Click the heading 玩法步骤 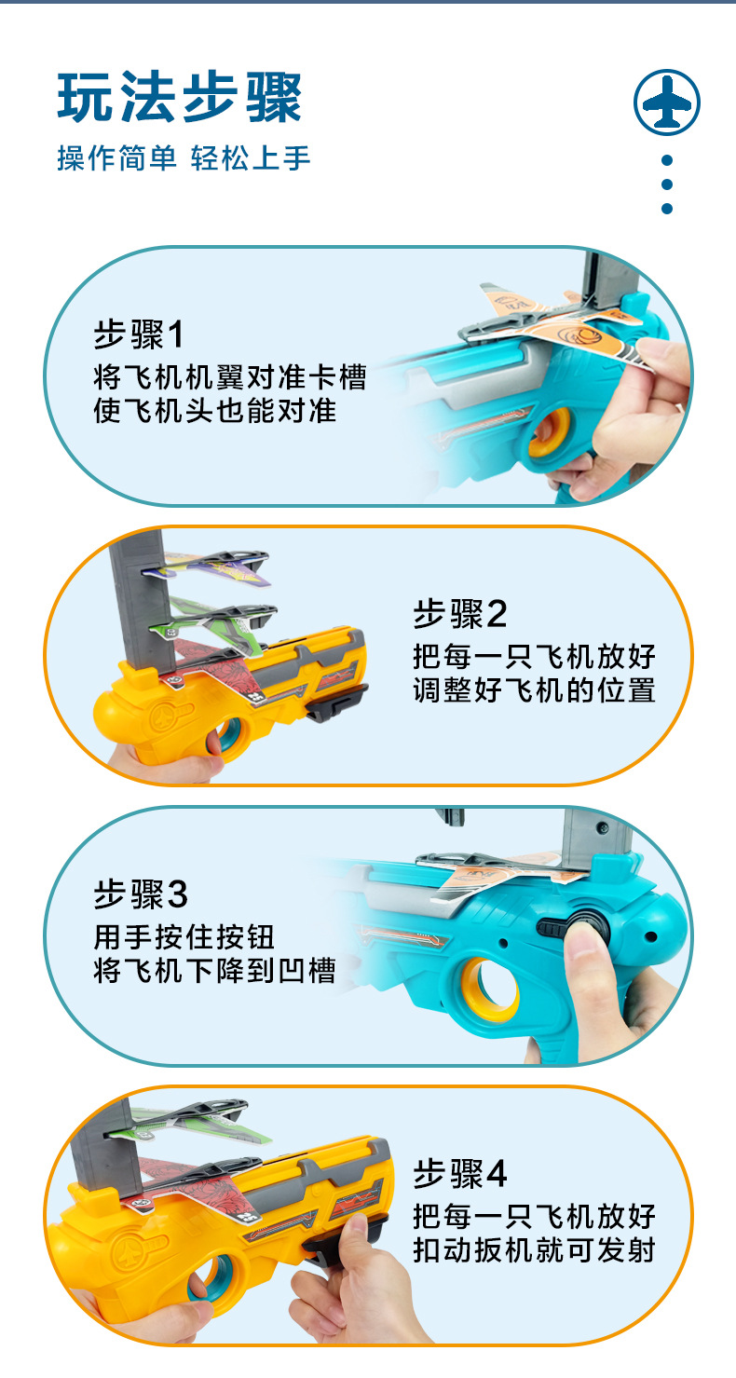pyautogui.click(x=180, y=97)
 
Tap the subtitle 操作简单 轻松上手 pyautogui.click(x=184, y=158)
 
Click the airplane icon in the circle pyautogui.click(x=666, y=101)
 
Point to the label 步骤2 pyautogui.click(x=460, y=614)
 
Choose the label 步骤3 pyautogui.click(x=141, y=894)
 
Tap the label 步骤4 pyautogui.click(x=460, y=1174)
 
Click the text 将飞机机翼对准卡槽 pyautogui.click(x=229, y=376)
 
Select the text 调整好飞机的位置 pyautogui.click(x=535, y=689)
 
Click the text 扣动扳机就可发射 pyautogui.click(x=535, y=1249)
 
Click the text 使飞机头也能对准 pyautogui.click(x=214, y=410)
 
